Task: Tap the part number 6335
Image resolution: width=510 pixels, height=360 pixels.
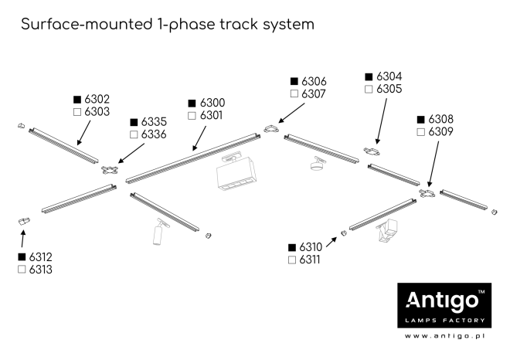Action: [x=154, y=122]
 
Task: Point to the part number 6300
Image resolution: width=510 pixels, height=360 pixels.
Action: [x=212, y=103]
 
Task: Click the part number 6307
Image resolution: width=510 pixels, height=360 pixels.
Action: [x=314, y=93]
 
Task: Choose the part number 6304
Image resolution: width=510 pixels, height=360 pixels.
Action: [x=389, y=76]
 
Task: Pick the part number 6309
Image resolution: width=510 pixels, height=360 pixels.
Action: [x=440, y=132]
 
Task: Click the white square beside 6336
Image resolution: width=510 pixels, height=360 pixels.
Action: [x=134, y=134]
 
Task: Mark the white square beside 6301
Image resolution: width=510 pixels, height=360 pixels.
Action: [x=192, y=116]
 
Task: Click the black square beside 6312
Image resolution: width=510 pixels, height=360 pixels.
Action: [x=21, y=256]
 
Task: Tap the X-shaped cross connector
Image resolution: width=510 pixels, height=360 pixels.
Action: [x=110, y=169]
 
